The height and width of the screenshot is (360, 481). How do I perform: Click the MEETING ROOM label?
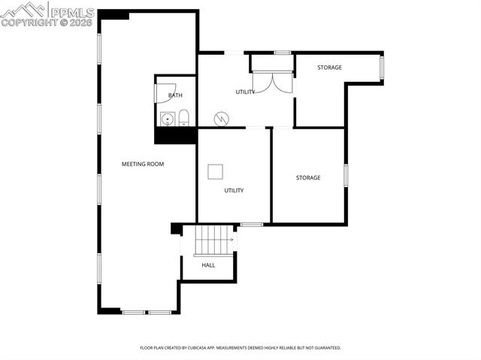(x=143, y=164)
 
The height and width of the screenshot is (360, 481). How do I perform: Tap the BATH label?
(x=175, y=95)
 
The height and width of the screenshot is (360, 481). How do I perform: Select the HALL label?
(x=208, y=265)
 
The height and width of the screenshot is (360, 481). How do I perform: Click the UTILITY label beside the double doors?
(x=245, y=92)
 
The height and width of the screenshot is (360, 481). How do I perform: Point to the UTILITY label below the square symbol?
(x=234, y=190)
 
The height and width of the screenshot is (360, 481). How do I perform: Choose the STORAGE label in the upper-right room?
(x=329, y=68)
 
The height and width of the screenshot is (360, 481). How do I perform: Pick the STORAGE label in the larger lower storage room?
(x=308, y=177)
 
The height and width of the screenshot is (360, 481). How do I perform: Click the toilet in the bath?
(x=183, y=117)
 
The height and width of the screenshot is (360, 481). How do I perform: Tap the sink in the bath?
(x=166, y=119)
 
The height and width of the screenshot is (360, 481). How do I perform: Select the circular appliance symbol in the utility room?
(x=221, y=118)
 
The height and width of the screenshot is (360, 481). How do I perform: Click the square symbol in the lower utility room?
(x=216, y=171)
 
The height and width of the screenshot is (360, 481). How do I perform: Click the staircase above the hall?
(x=214, y=241)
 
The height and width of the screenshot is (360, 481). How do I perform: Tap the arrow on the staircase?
(x=232, y=241)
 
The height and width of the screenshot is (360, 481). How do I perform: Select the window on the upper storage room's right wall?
(x=382, y=67)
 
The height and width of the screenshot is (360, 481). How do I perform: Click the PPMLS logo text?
(x=72, y=12)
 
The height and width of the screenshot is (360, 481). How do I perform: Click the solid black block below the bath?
(x=175, y=135)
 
